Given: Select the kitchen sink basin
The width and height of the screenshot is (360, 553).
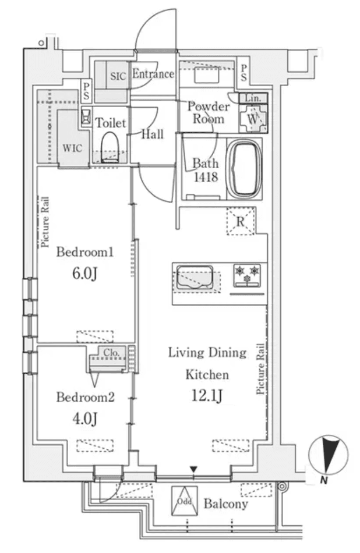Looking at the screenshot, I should pos(196,277).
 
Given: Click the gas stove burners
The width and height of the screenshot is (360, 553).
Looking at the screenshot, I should pos(247,275).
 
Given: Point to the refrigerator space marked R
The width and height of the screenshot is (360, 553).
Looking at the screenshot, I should pos(241,221).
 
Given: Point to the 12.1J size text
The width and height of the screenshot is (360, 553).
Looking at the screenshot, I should pos(207,396).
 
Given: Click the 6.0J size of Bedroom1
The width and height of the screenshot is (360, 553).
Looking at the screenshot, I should pos(84,274).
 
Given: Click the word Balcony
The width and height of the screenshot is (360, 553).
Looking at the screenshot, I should pos(225,504).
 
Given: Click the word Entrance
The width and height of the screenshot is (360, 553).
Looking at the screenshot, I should pos(153,74).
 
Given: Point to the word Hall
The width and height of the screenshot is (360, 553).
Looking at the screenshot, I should pos(153,134).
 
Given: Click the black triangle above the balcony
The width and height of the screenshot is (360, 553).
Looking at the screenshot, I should pos(194,469).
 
